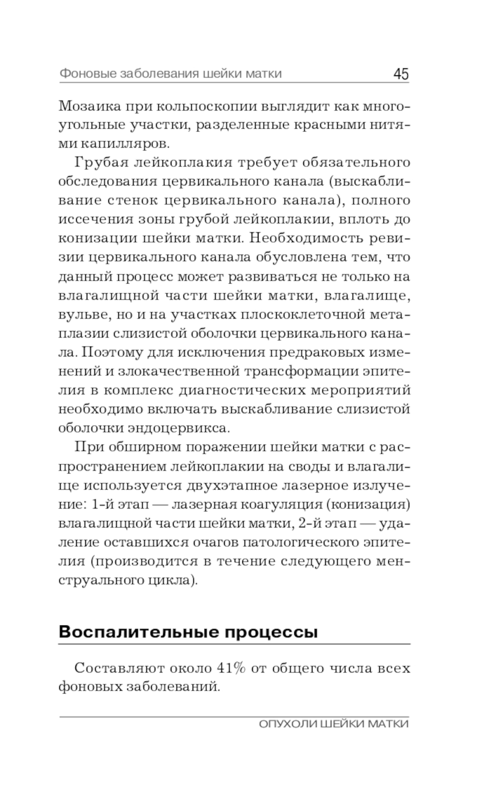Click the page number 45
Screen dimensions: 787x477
click(x=401, y=74)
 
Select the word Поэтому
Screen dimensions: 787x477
click(x=109, y=353)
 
